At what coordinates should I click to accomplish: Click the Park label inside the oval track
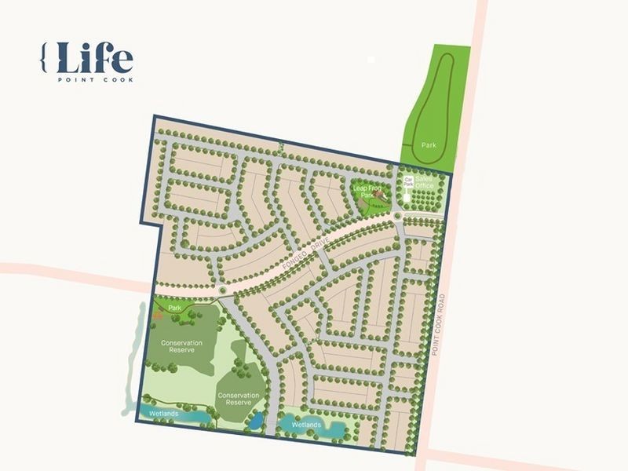[x=428, y=145]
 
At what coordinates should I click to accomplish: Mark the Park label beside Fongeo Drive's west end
[x=174, y=309]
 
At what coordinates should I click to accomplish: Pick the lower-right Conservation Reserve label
[x=238, y=399]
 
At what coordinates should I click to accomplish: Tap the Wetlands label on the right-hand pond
[x=306, y=425]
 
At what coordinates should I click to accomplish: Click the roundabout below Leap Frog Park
[x=398, y=217]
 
